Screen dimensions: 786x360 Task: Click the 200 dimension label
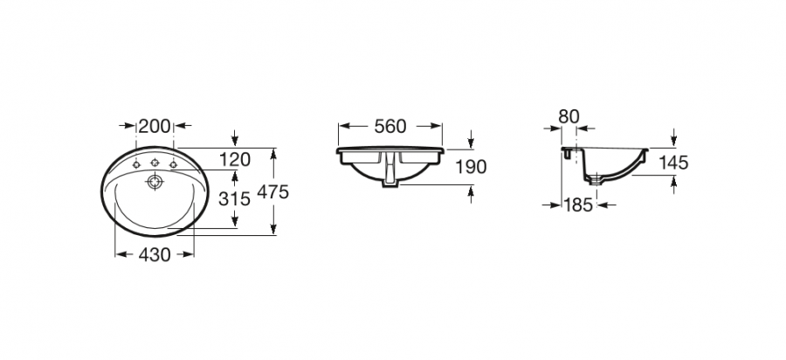[x=155, y=126]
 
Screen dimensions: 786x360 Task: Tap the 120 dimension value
[x=235, y=159]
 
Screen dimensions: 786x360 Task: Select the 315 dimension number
[x=234, y=199]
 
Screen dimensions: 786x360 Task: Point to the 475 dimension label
[x=272, y=191]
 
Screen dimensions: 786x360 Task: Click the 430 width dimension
[x=155, y=254]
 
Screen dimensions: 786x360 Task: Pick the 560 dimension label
[x=390, y=127]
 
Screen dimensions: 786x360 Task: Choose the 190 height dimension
[x=470, y=167]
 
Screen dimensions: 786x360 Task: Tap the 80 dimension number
[x=569, y=116]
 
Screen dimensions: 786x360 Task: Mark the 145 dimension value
[x=673, y=163]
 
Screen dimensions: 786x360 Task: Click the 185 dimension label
[x=578, y=204]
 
